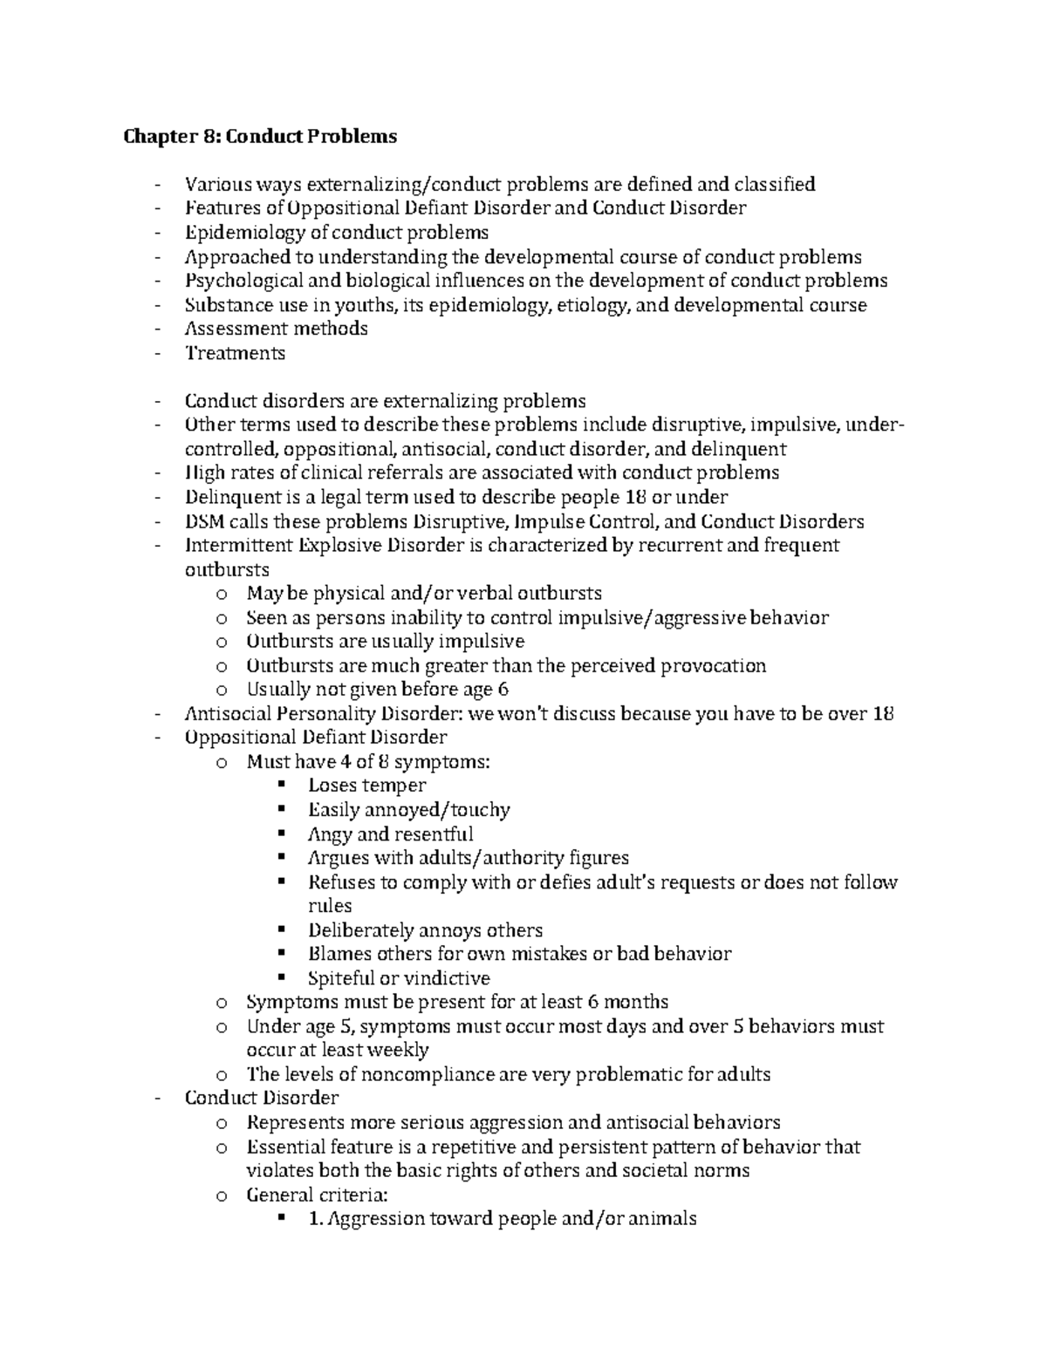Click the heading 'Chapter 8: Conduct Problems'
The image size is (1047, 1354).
click(260, 136)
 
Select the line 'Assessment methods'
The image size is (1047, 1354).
click(276, 329)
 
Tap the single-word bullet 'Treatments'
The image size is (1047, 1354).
click(235, 353)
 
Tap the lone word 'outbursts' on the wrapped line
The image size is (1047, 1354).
click(227, 570)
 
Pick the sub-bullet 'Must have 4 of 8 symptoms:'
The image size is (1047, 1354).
click(368, 762)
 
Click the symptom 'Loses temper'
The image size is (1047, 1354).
click(366, 786)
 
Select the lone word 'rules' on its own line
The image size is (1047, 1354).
click(330, 906)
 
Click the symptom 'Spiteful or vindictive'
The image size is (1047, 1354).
click(399, 978)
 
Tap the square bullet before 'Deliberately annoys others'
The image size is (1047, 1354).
click(280, 929)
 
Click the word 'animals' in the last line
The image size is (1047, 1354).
click(663, 1219)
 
